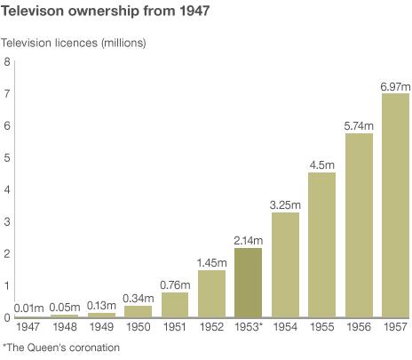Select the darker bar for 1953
pyautogui.click(x=249, y=283)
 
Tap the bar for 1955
pyautogui.click(x=321, y=244)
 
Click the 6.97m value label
pyautogui.click(x=395, y=85)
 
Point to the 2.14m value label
pyautogui.click(x=249, y=240)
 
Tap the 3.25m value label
pyautogui.click(x=285, y=204)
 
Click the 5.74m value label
pyautogui.click(x=359, y=125)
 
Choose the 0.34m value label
pyautogui.click(x=139, y=298)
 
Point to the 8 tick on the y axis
pyautogui.click(x=7, y=61)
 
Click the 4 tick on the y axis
pyautogui.click(x=7, y=189)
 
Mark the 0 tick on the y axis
pyautogui.click(x=7, y=317)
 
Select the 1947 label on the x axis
pyautogui.click(x=28, y=328)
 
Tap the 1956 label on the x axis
pyautogui.click(x=359, y=328)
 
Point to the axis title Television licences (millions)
pyautogui.click(x=74, y=43)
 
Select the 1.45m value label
pyautogui.click(x=211, y=262)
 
